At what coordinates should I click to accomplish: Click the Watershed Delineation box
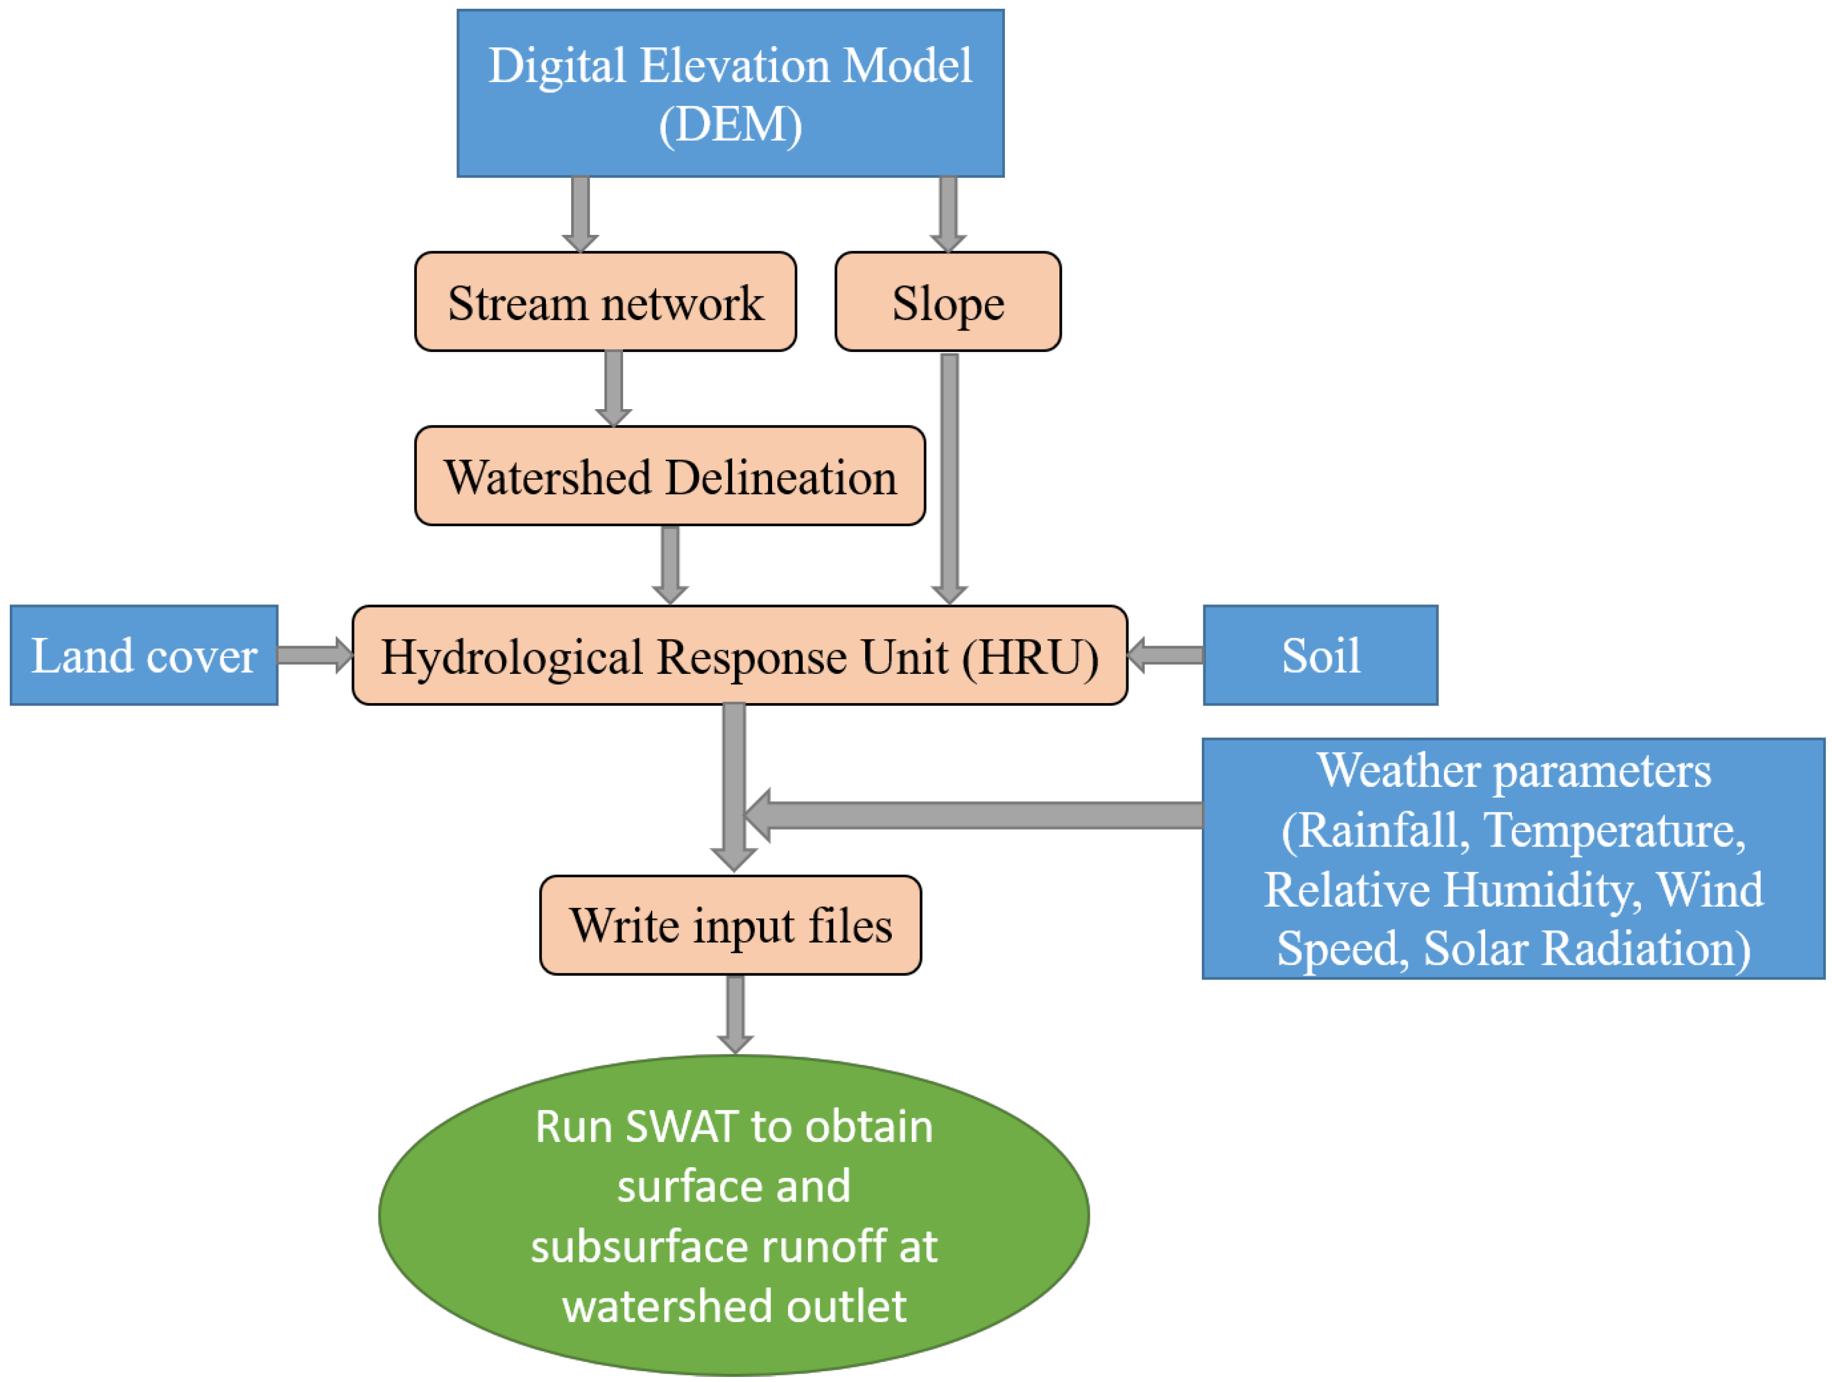tap(669, 476)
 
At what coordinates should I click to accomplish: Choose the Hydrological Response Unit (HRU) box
tap(740, 656)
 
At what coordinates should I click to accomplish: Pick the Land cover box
tap(144, 656)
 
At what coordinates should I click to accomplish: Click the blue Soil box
tap(1320, 656)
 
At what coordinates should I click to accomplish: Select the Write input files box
tap(730, 925)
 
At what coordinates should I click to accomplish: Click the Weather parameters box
tap(1513, 859)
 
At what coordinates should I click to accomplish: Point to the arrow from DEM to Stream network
tap(580, 213)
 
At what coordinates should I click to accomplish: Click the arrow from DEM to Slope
tap(948, 213)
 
